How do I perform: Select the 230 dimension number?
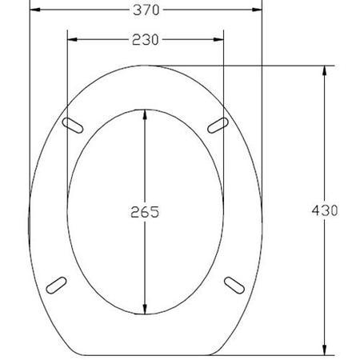pos(146,38)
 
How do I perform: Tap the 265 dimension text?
pos(145,212)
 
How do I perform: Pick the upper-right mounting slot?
pos(218,124)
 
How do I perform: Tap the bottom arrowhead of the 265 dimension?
pos(145,310)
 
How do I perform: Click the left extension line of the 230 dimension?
pos(67,80)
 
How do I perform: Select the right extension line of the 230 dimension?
pos(223,80)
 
